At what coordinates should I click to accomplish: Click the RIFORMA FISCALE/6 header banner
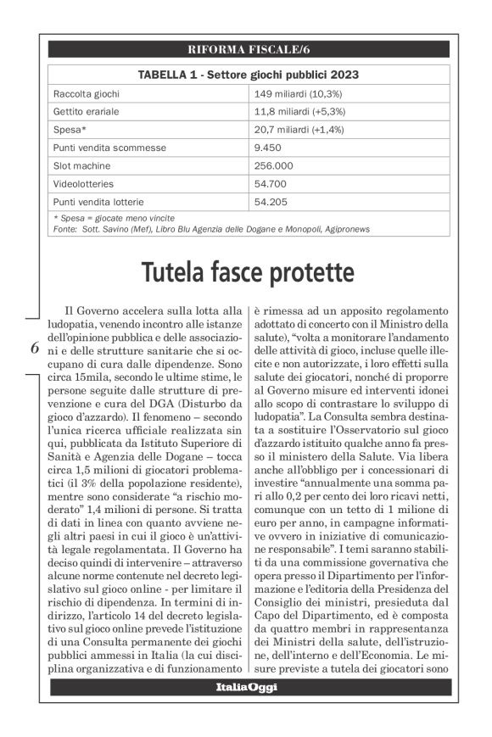(x=249, y=48)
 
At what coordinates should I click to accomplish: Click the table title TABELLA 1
(x=249, y=74)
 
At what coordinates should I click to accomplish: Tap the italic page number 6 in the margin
(x=34, y=348)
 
